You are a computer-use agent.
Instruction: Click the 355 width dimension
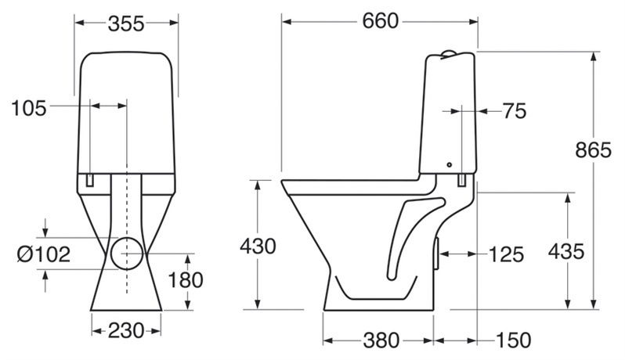tap(126, 24)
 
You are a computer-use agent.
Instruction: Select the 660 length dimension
tap(381, 21)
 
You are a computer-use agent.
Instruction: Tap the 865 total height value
tap(593, 150)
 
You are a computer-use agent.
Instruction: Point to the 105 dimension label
tap(29, 108)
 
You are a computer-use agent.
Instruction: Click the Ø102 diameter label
tap(44, 254)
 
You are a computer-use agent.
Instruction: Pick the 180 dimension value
tap(186, 280)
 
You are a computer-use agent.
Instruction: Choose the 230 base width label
tap(126, 330)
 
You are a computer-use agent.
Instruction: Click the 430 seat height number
tap(258, 246)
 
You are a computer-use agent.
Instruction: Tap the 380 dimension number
tap(381, 340)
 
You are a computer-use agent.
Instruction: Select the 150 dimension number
tap(514, 340)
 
